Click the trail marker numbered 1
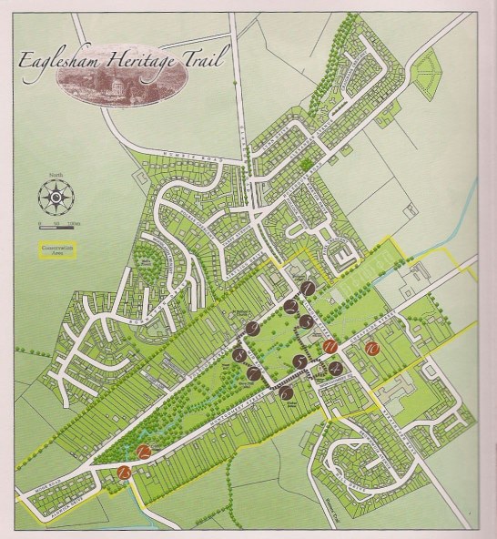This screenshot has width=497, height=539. point(309,289)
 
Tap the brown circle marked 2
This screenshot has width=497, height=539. point(290,307)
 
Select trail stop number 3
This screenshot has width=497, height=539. point(307,322)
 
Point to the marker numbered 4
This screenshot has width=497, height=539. point(335,369)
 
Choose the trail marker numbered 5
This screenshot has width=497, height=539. point(299,361)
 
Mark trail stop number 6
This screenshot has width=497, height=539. point(285,392)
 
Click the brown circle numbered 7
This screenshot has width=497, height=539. point(254,373)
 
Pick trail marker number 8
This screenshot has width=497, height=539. point(239,355)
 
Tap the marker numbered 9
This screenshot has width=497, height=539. point(252,329)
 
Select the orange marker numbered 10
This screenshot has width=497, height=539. point(371,349)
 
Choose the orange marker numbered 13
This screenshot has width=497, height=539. point(124,473)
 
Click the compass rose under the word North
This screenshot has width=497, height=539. point(56,195)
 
